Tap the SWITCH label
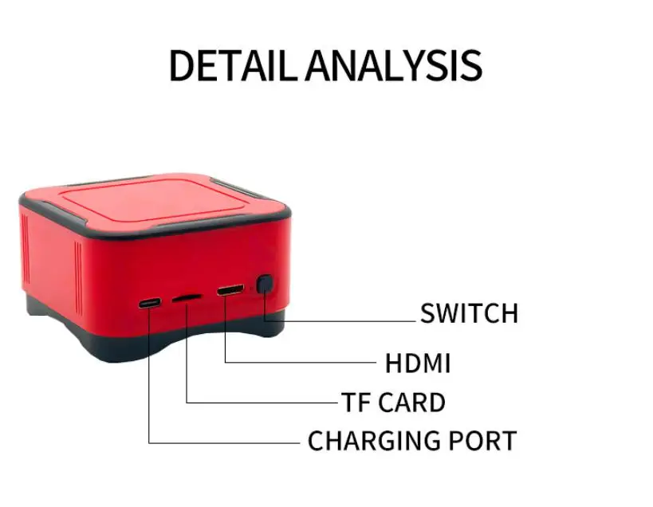[469, 313]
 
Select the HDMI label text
[418, 364]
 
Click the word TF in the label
[356, 403]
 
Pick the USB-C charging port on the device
[149, 304]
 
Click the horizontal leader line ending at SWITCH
[351, 321]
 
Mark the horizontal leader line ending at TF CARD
[263, 403]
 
